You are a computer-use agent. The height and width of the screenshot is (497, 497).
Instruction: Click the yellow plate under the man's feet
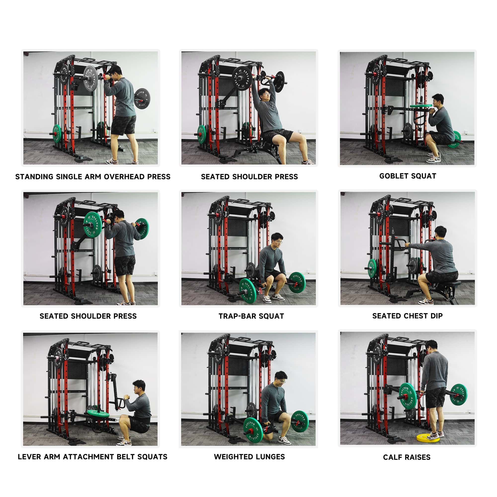(x=428, y=438)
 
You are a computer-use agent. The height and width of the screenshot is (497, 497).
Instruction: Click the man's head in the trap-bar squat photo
(x=277, y=240)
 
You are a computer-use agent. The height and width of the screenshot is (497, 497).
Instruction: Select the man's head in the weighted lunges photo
(x=281, y=379)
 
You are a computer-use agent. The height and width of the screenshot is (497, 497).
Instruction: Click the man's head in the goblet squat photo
(x=438, y=101)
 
